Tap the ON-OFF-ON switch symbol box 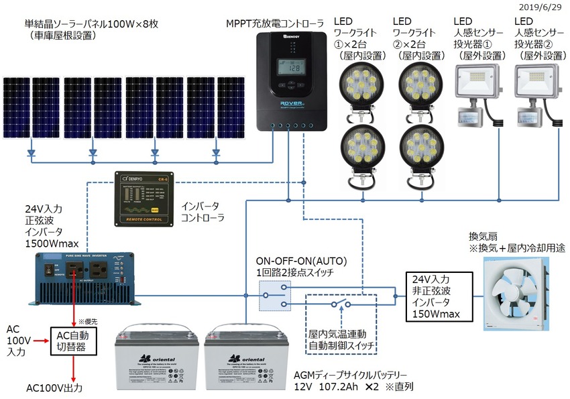pos(275,295)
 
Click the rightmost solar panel pos(231,107)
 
